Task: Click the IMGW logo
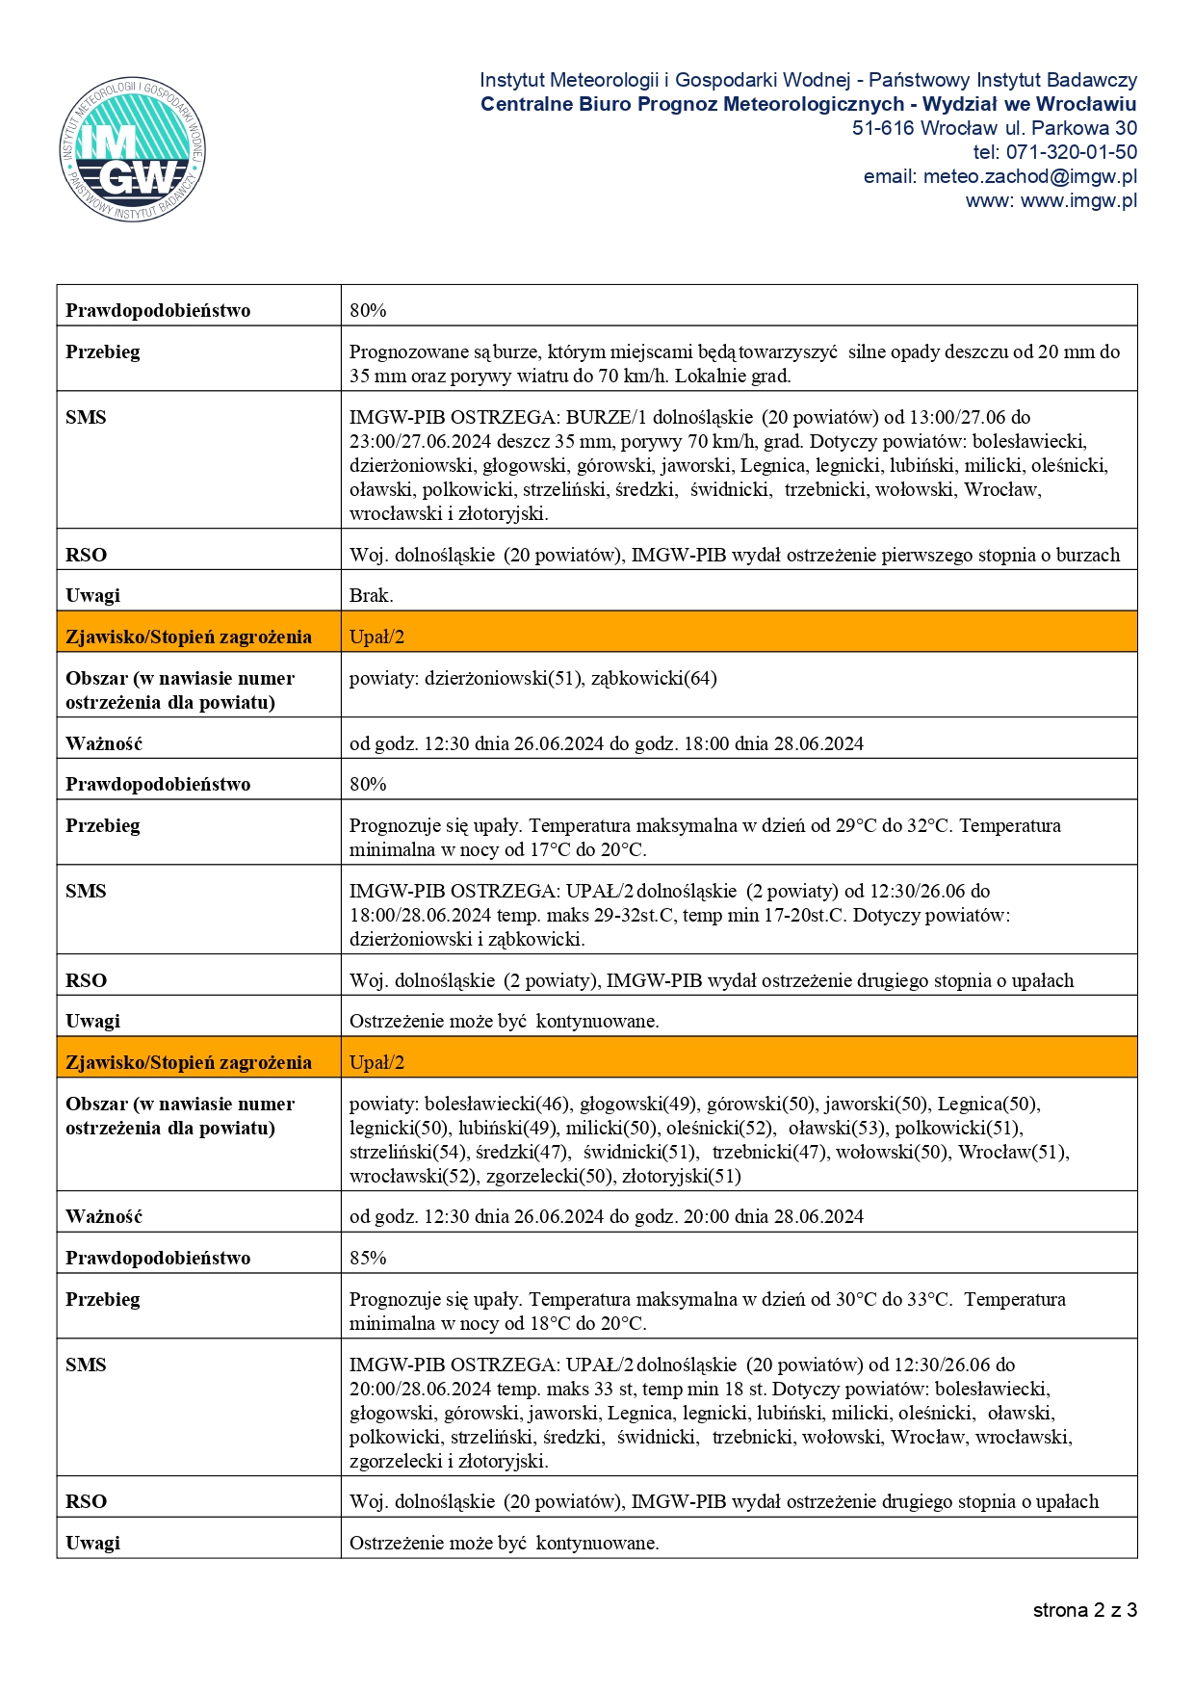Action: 133,148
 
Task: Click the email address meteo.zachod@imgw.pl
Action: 1029,176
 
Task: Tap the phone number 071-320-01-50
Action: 1071,152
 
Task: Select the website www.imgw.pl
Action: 1078,200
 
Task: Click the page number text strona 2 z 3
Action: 1084,1610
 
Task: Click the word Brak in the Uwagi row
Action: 371,595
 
